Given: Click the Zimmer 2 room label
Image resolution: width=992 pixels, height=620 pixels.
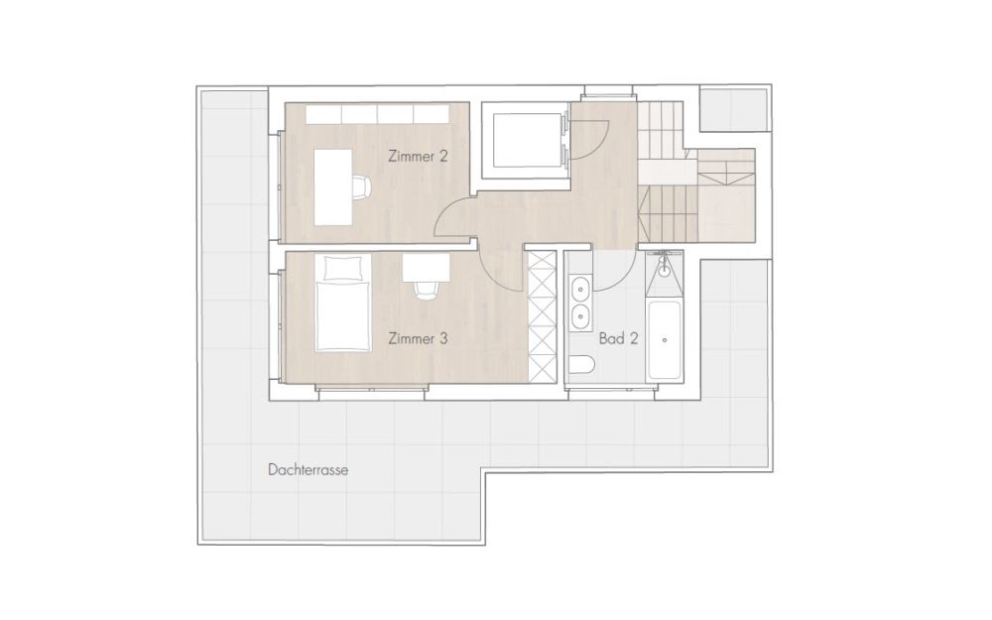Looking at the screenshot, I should coord(417,156).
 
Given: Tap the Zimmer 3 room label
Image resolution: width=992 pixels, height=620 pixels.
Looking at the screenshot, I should coord(417,338).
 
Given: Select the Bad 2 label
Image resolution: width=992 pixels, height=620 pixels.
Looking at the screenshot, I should coord(618,338).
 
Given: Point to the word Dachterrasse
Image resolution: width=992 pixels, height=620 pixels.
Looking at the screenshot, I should coord(308,470).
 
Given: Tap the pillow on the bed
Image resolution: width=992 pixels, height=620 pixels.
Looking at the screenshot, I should coord(342,267).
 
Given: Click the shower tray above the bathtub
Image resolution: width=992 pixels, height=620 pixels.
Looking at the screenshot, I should coord(663,274).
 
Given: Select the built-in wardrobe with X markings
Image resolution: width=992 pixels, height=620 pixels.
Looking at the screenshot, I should coord(542,315).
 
